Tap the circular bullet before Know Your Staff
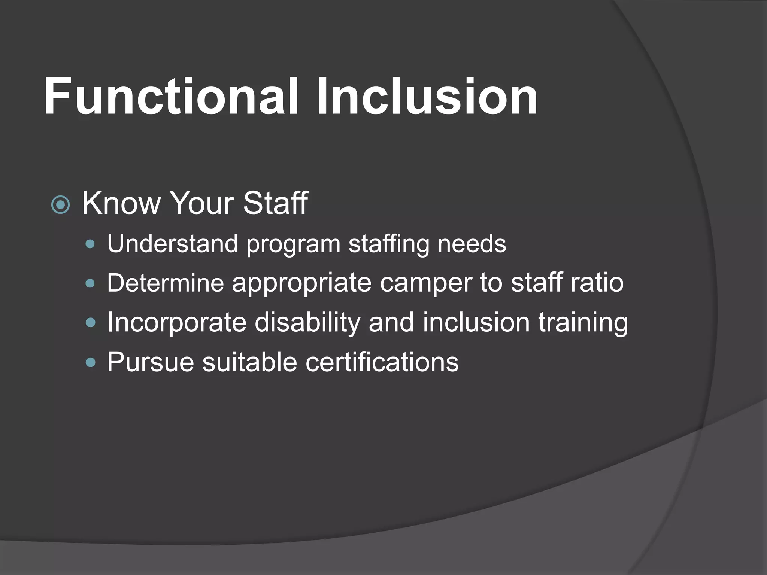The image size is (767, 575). coord(61,204)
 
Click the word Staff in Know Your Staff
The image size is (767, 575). coord(276,203)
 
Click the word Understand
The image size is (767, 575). coord(172,244)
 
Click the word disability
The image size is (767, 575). coord(307,323)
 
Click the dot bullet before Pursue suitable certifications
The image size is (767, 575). coord(90,362)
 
